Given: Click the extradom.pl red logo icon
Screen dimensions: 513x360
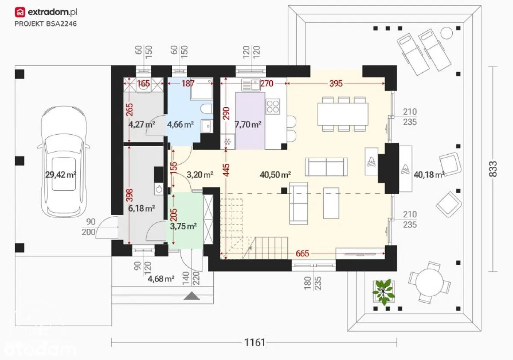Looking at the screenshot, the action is point(20,12).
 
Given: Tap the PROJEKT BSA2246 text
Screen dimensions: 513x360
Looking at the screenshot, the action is point(46,24).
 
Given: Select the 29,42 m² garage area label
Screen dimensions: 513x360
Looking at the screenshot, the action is point(60,175).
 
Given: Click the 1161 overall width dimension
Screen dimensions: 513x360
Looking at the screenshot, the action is point(255,342).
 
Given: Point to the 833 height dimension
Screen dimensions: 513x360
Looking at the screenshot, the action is point(493,169).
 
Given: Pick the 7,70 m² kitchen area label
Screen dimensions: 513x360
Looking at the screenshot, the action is point(248,124).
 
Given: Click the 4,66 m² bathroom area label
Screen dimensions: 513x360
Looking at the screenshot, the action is point(180,124).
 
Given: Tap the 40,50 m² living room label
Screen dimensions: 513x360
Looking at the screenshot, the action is point(275,175).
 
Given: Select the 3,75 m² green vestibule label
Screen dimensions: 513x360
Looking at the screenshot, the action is point(183,226).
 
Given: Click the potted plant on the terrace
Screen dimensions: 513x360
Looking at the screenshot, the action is point(383,292).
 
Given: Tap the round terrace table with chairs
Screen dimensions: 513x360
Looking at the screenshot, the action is point(429,282).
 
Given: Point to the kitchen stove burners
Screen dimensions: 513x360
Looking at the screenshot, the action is point(273,106).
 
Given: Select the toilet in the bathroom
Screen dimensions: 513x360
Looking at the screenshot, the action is point(206,109).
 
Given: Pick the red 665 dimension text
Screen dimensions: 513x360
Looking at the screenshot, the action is point(302,253).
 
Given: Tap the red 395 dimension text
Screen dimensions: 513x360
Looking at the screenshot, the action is point(336,84).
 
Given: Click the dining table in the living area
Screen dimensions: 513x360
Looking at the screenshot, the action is point(343,114).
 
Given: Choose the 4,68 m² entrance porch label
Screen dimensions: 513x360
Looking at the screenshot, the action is point(161,279).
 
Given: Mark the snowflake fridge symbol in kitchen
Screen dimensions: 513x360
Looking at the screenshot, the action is point(227,142).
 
